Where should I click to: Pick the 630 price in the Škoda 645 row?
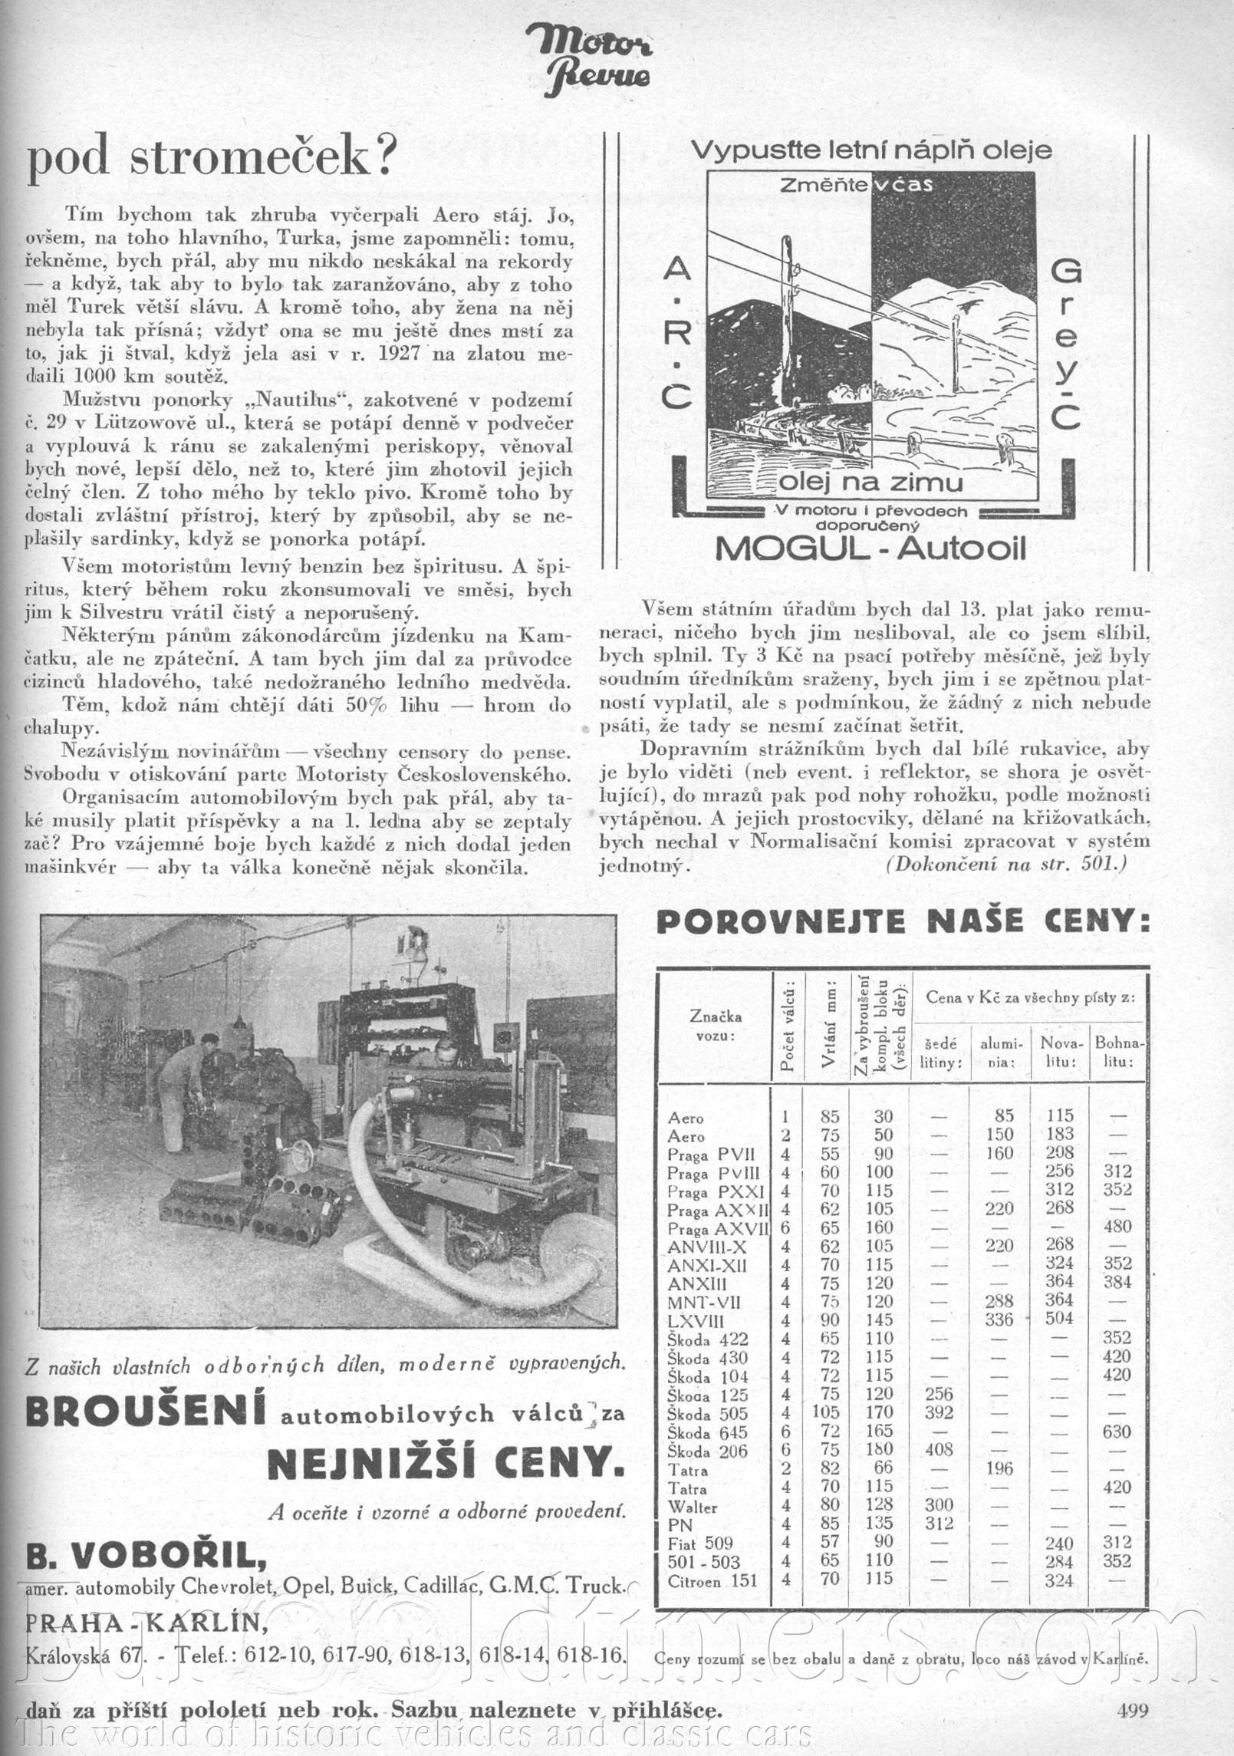click(x=1117, y=1431)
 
